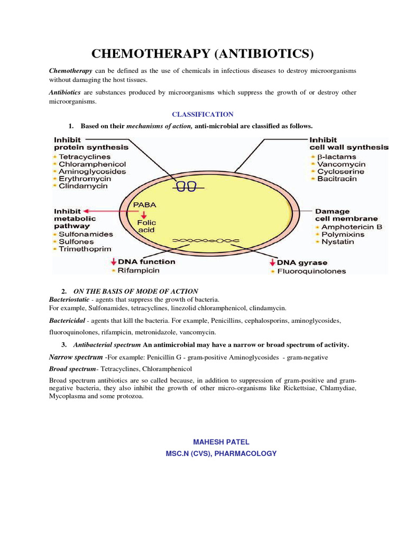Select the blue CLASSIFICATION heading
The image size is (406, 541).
[202, 114]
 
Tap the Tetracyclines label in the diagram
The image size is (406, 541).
[85, 157]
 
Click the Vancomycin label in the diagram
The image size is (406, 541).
[342, 164]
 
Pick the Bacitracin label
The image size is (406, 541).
[337, 179]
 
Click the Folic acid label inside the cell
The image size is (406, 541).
[146, 226]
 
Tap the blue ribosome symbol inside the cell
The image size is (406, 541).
[186, 186]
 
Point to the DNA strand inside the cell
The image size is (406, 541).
[207, 240]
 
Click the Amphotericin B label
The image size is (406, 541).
[352, 227]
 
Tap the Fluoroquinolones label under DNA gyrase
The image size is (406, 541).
[312, 272]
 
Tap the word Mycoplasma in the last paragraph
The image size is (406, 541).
[67, 397]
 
